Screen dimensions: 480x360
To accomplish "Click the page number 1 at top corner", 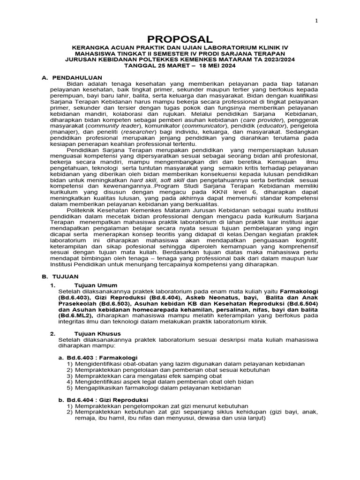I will coord(316,21).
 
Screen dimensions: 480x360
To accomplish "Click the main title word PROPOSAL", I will coord(180,39).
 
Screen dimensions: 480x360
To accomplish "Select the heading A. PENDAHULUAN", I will coord(75,77).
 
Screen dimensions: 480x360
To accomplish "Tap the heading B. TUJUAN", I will coord(60,277).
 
